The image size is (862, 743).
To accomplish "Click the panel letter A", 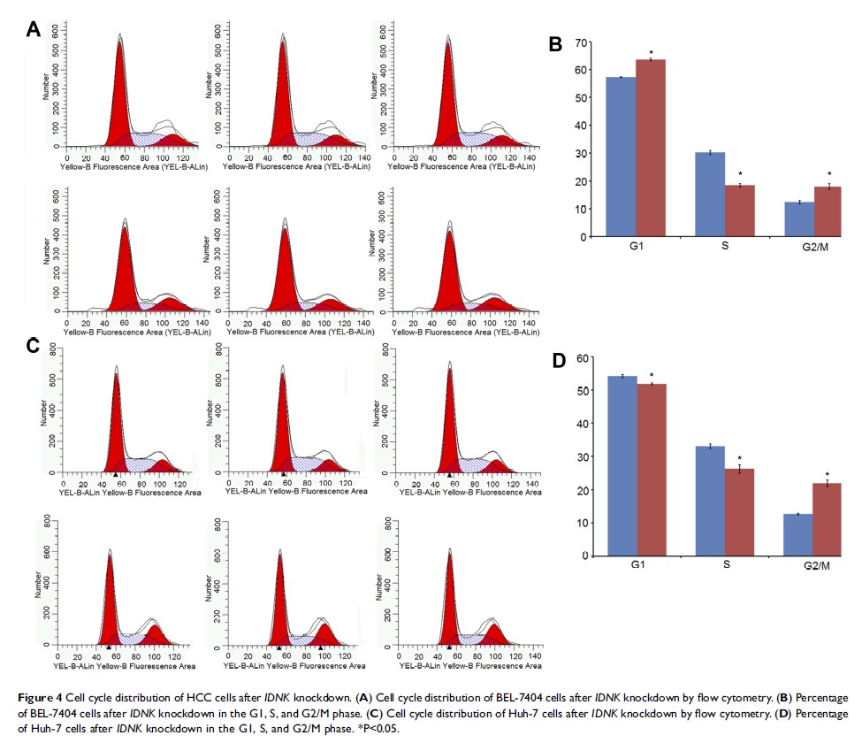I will pos(32,29).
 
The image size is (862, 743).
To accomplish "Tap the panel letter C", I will pos(32,346).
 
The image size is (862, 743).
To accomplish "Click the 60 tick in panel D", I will pos(580,357).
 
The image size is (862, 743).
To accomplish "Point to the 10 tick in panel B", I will pos(580,210).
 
